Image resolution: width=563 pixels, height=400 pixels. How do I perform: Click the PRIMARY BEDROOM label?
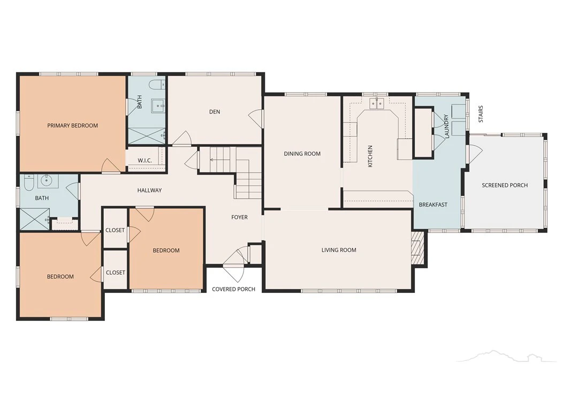pos(73,125)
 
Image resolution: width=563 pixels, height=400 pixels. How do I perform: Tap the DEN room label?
pos(215,112)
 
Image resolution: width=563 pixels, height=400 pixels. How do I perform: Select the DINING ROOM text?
pos(302,154)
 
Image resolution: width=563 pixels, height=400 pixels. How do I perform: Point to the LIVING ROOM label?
pos(339,250)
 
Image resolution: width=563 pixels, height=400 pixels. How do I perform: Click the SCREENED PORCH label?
pos(505,185)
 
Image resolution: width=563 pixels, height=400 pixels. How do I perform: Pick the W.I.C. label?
pos(144,160)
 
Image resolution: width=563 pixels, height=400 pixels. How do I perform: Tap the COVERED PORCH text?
pos(234,289)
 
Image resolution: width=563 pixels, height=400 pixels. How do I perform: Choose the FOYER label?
pos(240,217)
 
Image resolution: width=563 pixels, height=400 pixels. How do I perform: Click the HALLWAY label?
pos(149,191)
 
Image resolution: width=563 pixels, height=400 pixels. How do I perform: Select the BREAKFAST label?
pos(433,205)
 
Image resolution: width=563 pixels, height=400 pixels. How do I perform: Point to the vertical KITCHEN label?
pos(370,156)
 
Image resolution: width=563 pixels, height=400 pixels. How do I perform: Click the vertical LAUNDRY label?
pos(447,126)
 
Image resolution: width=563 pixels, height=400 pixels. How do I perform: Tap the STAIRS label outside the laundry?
pos(481,114)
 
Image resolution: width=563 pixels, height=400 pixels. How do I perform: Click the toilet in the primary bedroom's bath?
pos(156,85)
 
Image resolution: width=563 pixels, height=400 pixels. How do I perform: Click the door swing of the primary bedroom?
pos(111,165)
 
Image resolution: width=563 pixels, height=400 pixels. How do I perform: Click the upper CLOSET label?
pos(115,230)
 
